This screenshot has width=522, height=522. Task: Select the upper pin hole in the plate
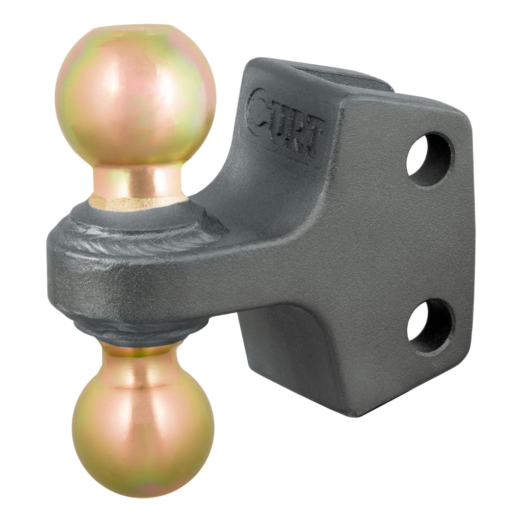pos(429,159)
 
